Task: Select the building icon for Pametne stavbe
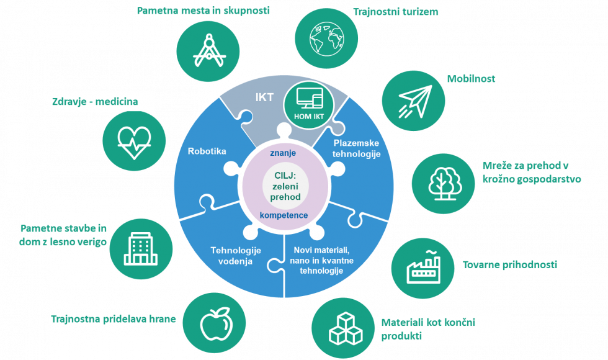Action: pos(140,247)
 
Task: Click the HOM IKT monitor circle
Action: pos(308,103)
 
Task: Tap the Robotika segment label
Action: pos(207,151)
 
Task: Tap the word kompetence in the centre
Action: pos(284,215)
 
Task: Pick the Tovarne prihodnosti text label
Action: pos(510,265)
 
